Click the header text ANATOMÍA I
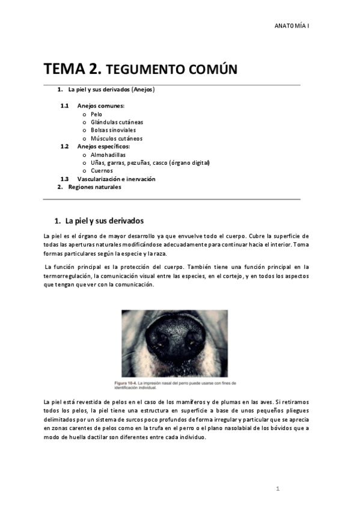pos(291,26)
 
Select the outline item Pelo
pos(96,114)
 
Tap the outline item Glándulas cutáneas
pos(117,122)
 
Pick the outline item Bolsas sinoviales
pos(113,130)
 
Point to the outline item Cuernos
pos(102,171)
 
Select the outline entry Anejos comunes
pos(100,106)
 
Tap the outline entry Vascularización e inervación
pos(116,179)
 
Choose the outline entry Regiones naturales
pos(94,187)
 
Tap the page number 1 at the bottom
pos(278,488)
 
